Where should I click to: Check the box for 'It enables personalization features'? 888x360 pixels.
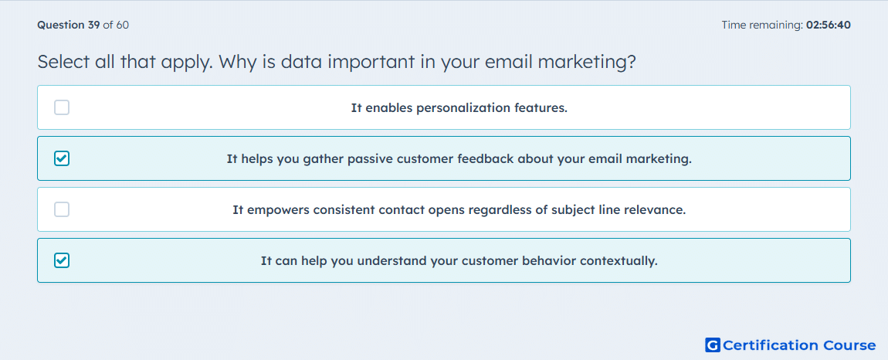pyautogui.click(x=62, y=107)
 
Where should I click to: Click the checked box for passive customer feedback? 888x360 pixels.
pyautogui.click(x=62, y=158)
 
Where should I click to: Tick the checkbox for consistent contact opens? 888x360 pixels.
pyautogui.click(x=62, y=209)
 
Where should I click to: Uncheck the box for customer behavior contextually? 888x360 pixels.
pyautogui.click(x=62, y=260)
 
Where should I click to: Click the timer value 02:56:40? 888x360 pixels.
pyautogui.click(x=828, y=25)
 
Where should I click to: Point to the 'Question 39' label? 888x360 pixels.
pyautogui.click(x=69, y=25)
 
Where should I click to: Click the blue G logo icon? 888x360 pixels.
pyautogui.click(x=713, y=345)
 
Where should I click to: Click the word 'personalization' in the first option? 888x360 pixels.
pyautogui.click(x=460, y=107)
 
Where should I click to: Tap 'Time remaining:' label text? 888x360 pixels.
pyautogui.click(x=761, y=25)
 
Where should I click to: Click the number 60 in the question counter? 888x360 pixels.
pyautogui.click(x=122, y=25)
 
